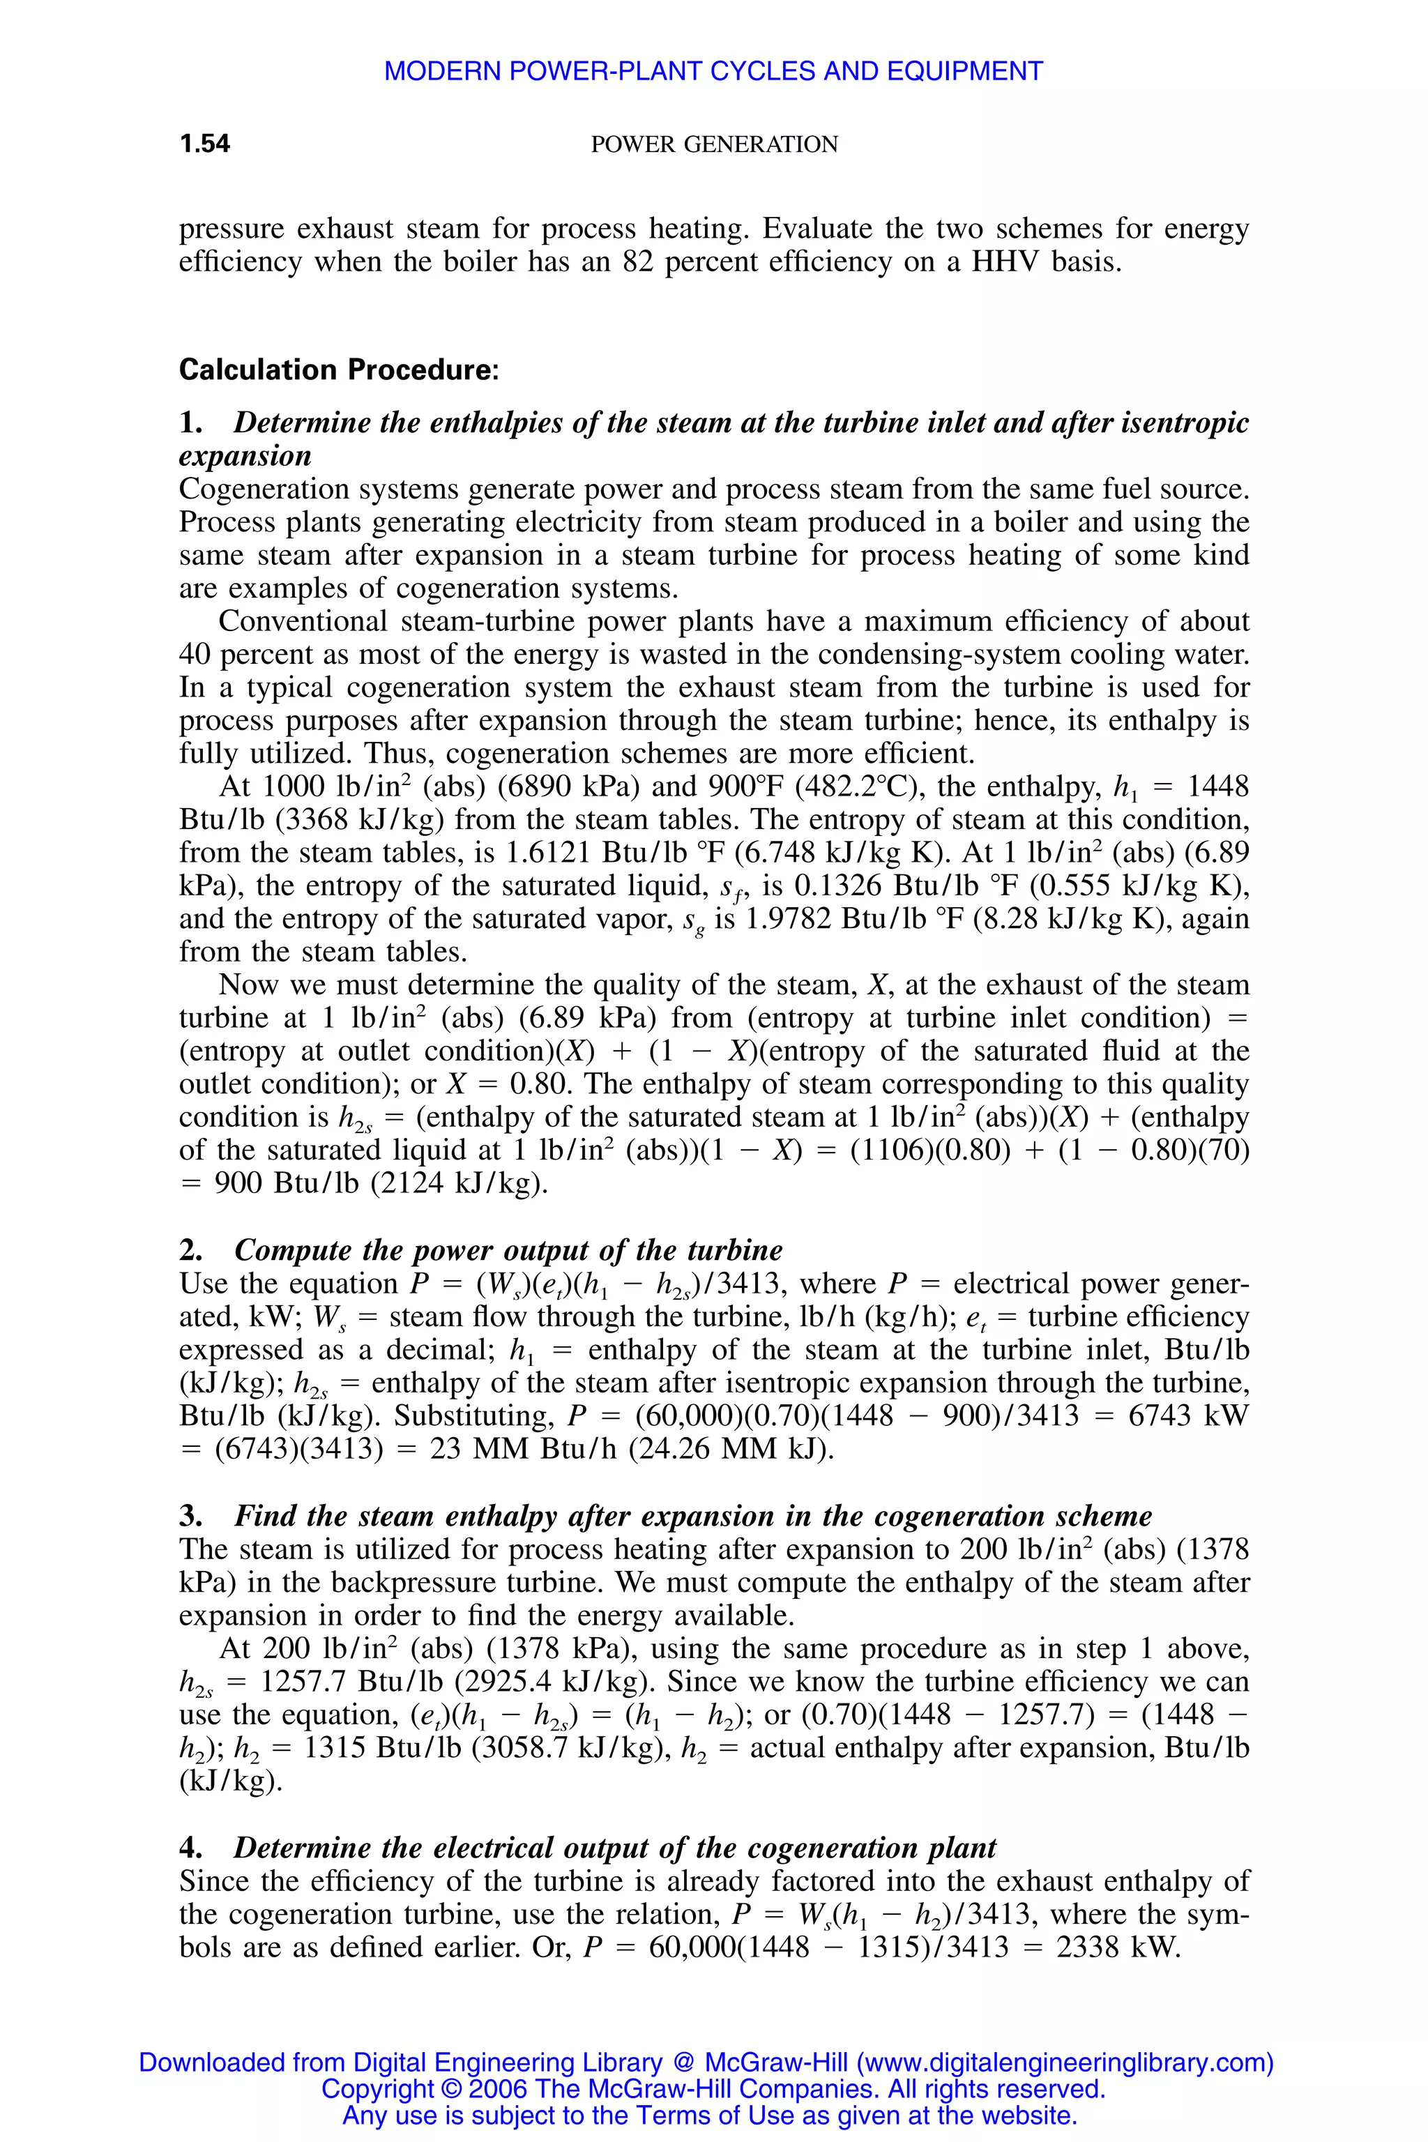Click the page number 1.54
(x=205, y=144)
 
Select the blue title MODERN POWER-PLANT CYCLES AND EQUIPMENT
(x=713, y=71)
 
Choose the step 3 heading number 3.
(x=190, y=1517)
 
